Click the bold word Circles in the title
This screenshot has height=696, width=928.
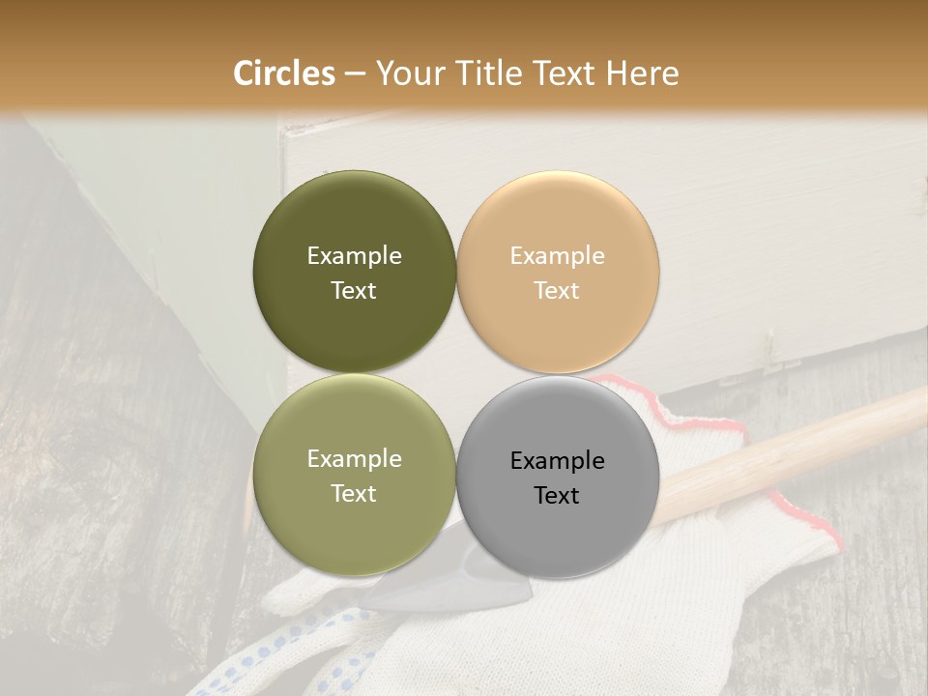[x=284, y=73]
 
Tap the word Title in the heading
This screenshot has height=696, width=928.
[x=486, y=73]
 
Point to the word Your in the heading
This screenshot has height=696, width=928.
[x=410, y=73]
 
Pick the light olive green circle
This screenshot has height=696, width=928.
[x=354, y=527]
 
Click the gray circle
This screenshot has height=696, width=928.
[x=558, y=527]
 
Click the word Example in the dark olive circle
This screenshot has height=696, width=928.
[x=354, y=256]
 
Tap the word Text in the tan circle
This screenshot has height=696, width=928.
[x=557, y=291]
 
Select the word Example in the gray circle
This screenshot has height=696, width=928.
[x=557, y=461]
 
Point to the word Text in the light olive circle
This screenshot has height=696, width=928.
[x=354, y=494]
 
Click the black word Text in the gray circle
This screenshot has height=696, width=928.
[x=557, y=496]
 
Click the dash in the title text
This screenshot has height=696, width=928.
[x=355, y=74]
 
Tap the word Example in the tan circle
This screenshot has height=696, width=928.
[x=557, y=256]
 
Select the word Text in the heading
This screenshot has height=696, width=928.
[x=563, y=73]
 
